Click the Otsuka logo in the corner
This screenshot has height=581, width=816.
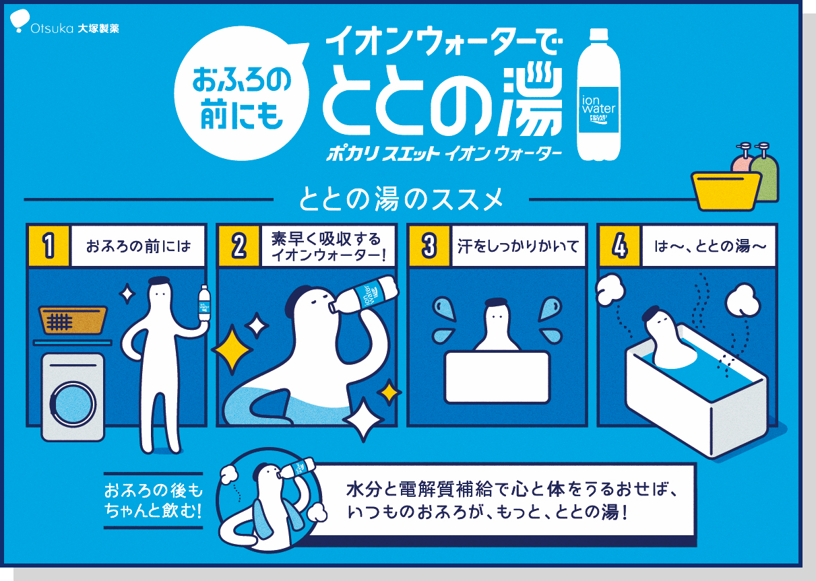[65, 28]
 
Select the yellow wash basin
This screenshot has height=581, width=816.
[725, 190]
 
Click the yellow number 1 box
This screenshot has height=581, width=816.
[48, 245]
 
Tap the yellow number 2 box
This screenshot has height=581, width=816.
[239, 245]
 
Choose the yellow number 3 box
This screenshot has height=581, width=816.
[429, 245]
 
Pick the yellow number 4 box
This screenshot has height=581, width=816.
[620, 245]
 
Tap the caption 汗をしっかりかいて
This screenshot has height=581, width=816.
[516, 246]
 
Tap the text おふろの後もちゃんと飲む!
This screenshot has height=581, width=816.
[153, 500]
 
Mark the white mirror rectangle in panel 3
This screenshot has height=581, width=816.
[497, 376]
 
